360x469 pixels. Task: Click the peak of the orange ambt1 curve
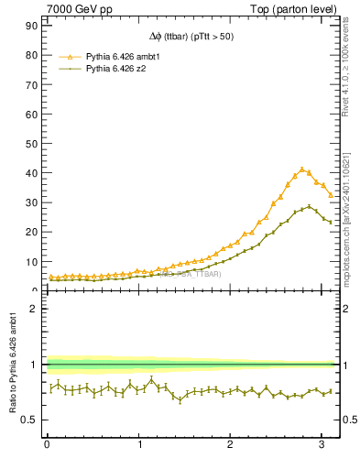pos(302,169)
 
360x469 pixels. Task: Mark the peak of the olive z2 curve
pos(310,207)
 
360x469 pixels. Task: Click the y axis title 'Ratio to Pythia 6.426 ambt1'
pos(12,365)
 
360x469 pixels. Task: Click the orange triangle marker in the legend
pos(68,56)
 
